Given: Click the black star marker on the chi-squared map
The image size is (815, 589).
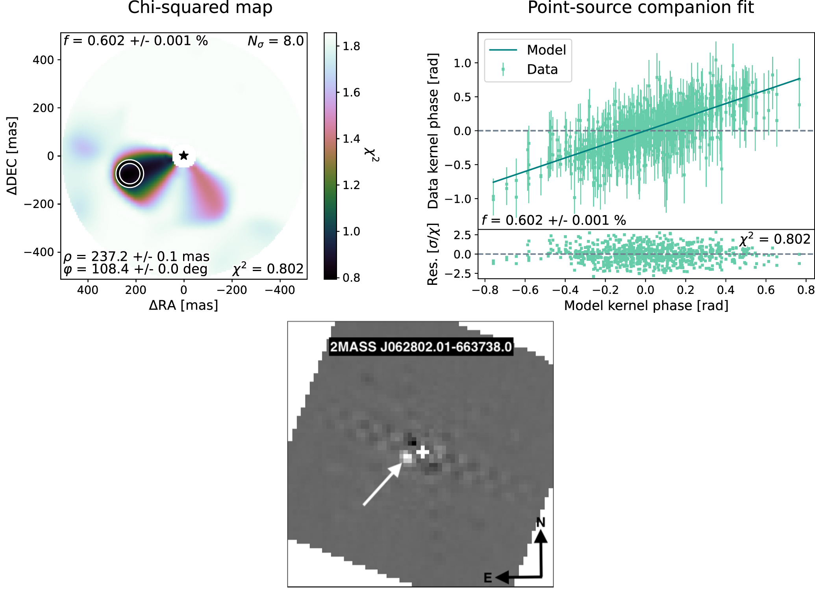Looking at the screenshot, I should (x=183, y=156).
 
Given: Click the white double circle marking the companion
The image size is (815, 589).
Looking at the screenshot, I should (x=130, y=173).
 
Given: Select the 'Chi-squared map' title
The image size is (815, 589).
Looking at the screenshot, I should (x=200, y=8).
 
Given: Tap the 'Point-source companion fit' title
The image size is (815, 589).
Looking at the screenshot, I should (x=641, y=8).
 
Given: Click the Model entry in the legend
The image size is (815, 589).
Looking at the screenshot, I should (x=546, y=50).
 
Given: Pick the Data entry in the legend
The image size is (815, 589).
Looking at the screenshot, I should (x=542, y=70).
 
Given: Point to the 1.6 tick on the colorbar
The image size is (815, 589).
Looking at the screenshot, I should (x=351, y=93).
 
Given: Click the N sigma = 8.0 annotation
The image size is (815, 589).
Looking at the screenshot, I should (x=276, y=41).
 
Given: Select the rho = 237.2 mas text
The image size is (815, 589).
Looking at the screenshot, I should (x=136, y=256).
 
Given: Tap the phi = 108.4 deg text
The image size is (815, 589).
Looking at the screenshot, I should (x=135, y=269).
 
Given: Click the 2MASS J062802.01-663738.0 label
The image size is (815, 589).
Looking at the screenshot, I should (x=420, y=347).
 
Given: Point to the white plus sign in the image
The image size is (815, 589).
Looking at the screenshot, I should (x=422, y=452).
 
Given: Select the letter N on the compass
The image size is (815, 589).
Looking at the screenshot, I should (x=540, y=523).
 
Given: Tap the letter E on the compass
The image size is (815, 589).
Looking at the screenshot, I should (x=487, y=578).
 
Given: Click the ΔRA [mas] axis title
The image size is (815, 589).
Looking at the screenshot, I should (x=183, y=305).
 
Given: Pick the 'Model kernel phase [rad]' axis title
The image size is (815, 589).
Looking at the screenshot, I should (x=646, y=306).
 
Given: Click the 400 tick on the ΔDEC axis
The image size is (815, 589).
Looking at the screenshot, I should (x=43, y=60).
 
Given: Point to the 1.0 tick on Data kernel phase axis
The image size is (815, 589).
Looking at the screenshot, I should (x=462, y=63).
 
